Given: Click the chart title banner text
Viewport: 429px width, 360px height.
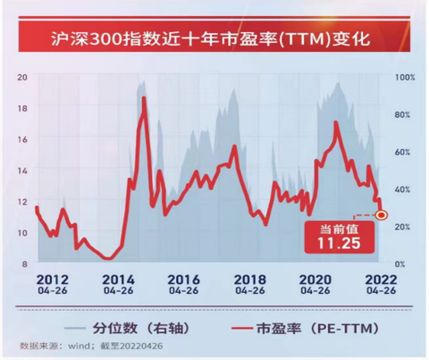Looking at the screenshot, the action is (210, 38).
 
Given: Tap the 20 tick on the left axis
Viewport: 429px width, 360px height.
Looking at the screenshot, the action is (22, 77).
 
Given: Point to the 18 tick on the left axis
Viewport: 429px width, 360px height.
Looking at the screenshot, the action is (22, 108).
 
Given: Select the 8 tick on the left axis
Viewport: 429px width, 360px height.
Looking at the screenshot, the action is (24, 264).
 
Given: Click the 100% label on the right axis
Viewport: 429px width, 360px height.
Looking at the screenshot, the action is (405, 78).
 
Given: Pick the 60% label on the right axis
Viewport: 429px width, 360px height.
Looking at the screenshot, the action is (402, 152).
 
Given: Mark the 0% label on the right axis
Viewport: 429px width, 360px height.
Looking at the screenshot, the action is (400, 264).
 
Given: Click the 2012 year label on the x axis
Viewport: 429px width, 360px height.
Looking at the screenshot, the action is (53, 280).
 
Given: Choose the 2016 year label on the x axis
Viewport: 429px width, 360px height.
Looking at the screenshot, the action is (183, 280).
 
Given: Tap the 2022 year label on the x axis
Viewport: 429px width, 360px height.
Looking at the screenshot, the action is (381, 280).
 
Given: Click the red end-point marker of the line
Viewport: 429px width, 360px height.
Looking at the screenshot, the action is (381, 214).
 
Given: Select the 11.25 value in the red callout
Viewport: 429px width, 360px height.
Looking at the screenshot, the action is (339, 243).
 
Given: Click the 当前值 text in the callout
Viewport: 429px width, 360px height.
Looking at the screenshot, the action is (339, 230).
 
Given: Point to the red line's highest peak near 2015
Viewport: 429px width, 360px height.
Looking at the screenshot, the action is (144, 98).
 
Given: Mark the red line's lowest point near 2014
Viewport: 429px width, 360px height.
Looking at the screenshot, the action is (108, 258).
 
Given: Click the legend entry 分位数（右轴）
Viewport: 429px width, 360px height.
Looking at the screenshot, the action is (127, 328).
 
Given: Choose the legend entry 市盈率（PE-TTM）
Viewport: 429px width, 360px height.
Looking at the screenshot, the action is (306, 328).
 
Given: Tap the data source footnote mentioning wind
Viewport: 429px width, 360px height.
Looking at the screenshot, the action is (91, 346).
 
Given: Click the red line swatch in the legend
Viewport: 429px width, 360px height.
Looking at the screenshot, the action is (242, 329).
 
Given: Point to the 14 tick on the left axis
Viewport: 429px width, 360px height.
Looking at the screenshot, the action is (22, 171).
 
